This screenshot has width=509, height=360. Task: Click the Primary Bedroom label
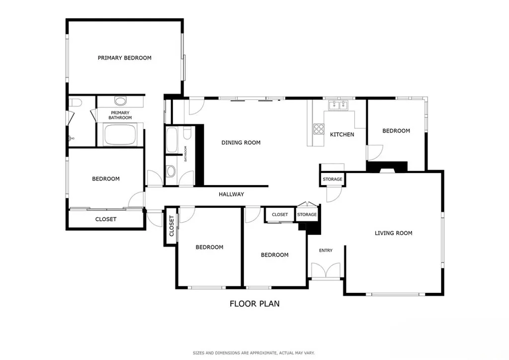tap(124, 58)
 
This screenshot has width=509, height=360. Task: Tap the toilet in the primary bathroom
tap(75, 103)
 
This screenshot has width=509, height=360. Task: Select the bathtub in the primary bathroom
tap(120, 135)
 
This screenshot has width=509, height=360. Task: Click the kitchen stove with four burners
tap(318, 129)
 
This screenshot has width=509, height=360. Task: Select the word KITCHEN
tap(342, 134)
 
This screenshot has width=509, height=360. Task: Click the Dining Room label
tap(241, 143)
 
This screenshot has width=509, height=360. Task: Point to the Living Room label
tap(393, 233)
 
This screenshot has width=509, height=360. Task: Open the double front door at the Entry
tap(326, 271)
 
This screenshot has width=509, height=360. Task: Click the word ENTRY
tap(326, 251)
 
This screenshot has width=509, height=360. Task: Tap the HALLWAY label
tap(232, 194)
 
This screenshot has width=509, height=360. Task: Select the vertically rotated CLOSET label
tap(172, 226)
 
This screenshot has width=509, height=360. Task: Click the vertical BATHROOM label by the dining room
tap(186, 154)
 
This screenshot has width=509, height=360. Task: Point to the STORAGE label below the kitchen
tap(332, 179)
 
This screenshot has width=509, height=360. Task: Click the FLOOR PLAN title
tap(254, 303)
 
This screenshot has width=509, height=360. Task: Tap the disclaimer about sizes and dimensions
tap(254, 353)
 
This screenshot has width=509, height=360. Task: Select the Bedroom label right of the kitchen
tap(396, 131)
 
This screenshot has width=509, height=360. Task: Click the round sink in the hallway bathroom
tap(171, 172)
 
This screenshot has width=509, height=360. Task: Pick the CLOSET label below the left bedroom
tap(106, 219)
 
